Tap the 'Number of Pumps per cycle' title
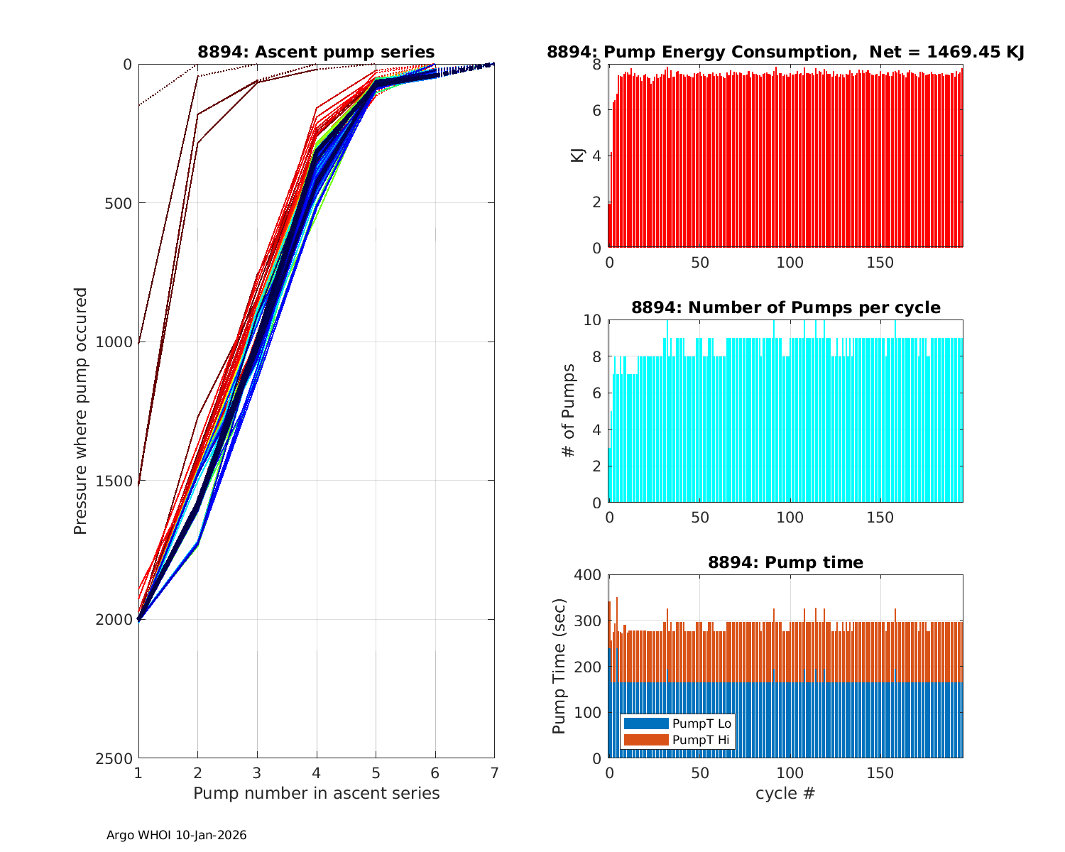(x=785, y=307)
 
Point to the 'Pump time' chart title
(x=785, y=562)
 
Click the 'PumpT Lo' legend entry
(x=701, y=723)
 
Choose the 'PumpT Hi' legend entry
(x=700, y=740)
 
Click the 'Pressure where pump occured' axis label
(x=81, y=411)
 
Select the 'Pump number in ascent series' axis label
(x=317, y=793)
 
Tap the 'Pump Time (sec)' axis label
(x=559, y=667)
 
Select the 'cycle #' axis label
(x=785, y=793)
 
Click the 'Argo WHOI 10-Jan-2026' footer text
(x=177, y=835)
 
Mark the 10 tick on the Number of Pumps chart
(x=592, y=320)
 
